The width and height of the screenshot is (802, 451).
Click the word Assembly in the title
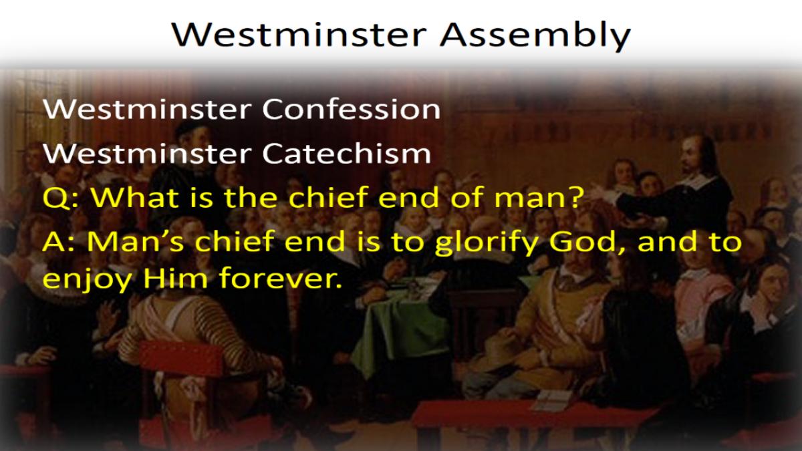535,36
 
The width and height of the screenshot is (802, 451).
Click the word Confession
352,109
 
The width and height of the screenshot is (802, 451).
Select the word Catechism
347,153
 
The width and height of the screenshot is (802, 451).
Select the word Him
175,278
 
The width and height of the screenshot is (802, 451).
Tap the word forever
280,277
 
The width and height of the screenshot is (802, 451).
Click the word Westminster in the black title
299,35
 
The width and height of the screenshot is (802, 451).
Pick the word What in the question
135,197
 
